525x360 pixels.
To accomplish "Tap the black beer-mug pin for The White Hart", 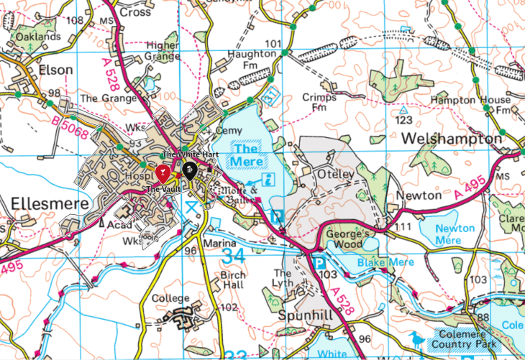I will pyautogui.click(x=189, y=170).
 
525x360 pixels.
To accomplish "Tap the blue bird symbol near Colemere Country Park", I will pyautogui.click(x=416, y=338).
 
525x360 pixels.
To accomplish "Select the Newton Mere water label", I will pyautogui.click(x=455, y=234).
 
